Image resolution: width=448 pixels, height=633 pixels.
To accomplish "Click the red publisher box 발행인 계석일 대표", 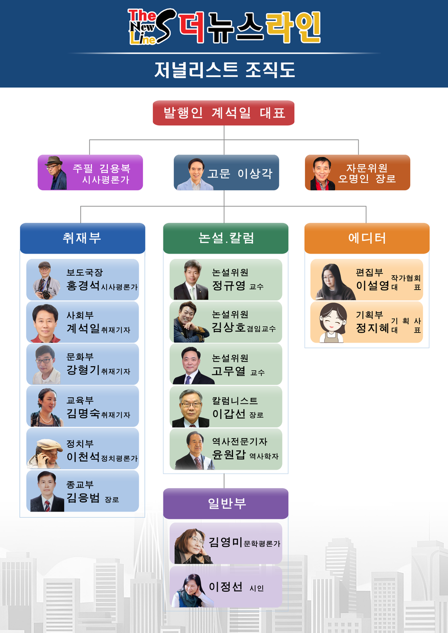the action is tap(224, 113).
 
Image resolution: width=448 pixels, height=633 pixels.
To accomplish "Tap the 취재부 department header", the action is tap(82, 238).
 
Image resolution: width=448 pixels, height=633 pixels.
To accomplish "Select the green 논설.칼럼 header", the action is tap(226, 238).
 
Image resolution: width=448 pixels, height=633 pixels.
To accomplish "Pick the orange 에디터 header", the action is tap(367, 238).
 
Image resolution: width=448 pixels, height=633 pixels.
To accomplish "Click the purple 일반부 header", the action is tap(226, 503).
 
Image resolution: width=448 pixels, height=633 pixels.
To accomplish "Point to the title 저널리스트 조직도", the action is tap(225, 70).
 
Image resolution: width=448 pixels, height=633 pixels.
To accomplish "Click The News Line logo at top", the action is tap(224, 27).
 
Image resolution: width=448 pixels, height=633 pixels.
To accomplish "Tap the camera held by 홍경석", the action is tap(46, 295).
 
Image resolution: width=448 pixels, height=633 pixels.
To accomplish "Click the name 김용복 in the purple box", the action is tap(115, 168).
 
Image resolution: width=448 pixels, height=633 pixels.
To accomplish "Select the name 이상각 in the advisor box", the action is tap(255, 173).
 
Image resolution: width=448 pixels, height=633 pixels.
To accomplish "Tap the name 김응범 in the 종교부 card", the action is tap(83, 498).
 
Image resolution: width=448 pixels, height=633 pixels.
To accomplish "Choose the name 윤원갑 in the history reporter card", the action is tap(229, 454).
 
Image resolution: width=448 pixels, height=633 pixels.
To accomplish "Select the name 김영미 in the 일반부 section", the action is tap(226, 542).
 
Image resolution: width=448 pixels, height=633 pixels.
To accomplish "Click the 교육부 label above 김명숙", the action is tap(80, 400).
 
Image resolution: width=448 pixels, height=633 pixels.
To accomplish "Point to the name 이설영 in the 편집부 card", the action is tap(372, 286).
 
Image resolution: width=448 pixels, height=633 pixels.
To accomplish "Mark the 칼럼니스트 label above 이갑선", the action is tap(235, 400).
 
